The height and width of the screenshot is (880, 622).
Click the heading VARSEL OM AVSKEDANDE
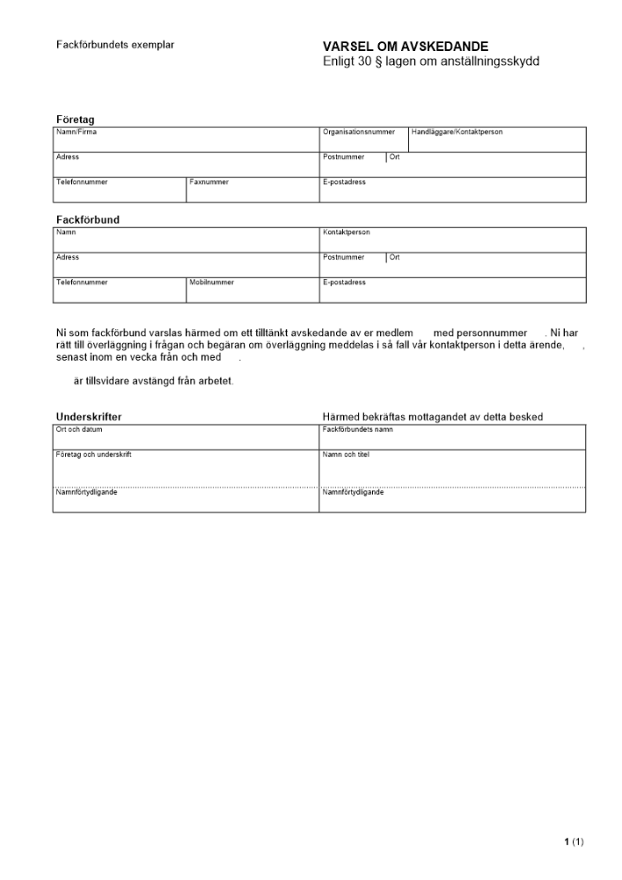[x=406, y=47]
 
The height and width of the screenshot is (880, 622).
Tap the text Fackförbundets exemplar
[x=115, y=44]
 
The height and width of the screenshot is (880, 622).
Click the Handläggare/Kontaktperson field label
[x=457, y=132]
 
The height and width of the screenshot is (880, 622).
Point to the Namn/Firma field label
[x=77, y=132]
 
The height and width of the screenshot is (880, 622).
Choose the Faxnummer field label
[x=209, y=182]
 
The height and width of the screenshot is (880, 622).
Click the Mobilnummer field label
[x=211, y=282]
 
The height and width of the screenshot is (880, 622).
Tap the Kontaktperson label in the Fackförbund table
[x=347, y=232]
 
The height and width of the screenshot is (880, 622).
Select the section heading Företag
[x=76, y=119]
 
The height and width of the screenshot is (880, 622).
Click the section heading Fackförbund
[x=88, y=219]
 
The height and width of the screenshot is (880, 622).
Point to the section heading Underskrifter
[x=89, y=416]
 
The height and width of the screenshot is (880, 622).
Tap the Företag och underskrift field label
[x=94, y=454]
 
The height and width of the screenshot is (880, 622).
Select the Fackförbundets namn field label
[x=358, y=429]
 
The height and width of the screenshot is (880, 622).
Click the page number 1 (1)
[x=574, y=842]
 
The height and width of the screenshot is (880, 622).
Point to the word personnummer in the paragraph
[x=480, y=333]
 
